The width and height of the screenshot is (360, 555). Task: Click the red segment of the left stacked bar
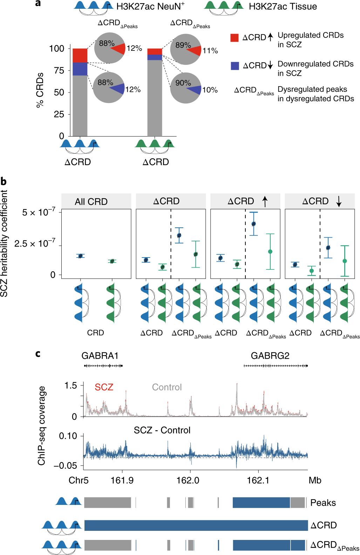(x=80, y=55)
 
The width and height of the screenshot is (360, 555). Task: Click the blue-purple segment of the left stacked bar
(x=80, y=69)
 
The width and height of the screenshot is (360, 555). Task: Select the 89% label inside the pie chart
(x=183, y=45)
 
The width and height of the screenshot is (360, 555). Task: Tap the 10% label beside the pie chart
(x=210, y=90)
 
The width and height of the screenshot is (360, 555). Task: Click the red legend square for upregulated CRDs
(x=235, y=37)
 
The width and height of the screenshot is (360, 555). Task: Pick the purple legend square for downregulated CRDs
(x=235, y=66)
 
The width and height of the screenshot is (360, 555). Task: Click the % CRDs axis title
(x=40, y=90)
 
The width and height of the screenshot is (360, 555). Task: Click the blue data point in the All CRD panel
(x=80, y=256)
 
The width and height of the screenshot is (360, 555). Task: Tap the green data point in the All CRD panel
(x=112, y=261)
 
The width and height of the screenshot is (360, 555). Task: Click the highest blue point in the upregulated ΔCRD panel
(x=253, y=224)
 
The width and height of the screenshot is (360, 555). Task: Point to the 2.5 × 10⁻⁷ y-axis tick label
(x=35, y=244)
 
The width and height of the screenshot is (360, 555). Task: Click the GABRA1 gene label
(x=100, y=356)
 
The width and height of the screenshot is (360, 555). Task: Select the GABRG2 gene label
(x=270, y=356)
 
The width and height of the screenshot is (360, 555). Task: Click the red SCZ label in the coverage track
(x=104, y=387)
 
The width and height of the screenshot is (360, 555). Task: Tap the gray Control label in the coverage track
(x=167, y=387)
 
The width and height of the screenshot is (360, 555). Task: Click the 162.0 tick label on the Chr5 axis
(x=188, y=480)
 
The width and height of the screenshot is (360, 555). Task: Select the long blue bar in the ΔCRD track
(x=196, y=525)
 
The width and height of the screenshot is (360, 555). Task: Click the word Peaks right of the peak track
(x=323, y=503)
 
